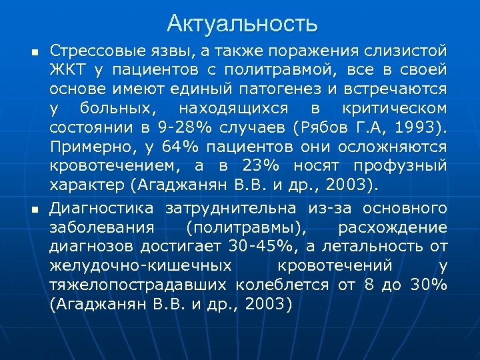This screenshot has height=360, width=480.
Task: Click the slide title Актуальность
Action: (242, 24)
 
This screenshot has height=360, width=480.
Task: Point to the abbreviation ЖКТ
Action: (67, 70)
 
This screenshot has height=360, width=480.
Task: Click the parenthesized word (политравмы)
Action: (246, 229)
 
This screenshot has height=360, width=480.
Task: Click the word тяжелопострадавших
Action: (139, 285)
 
